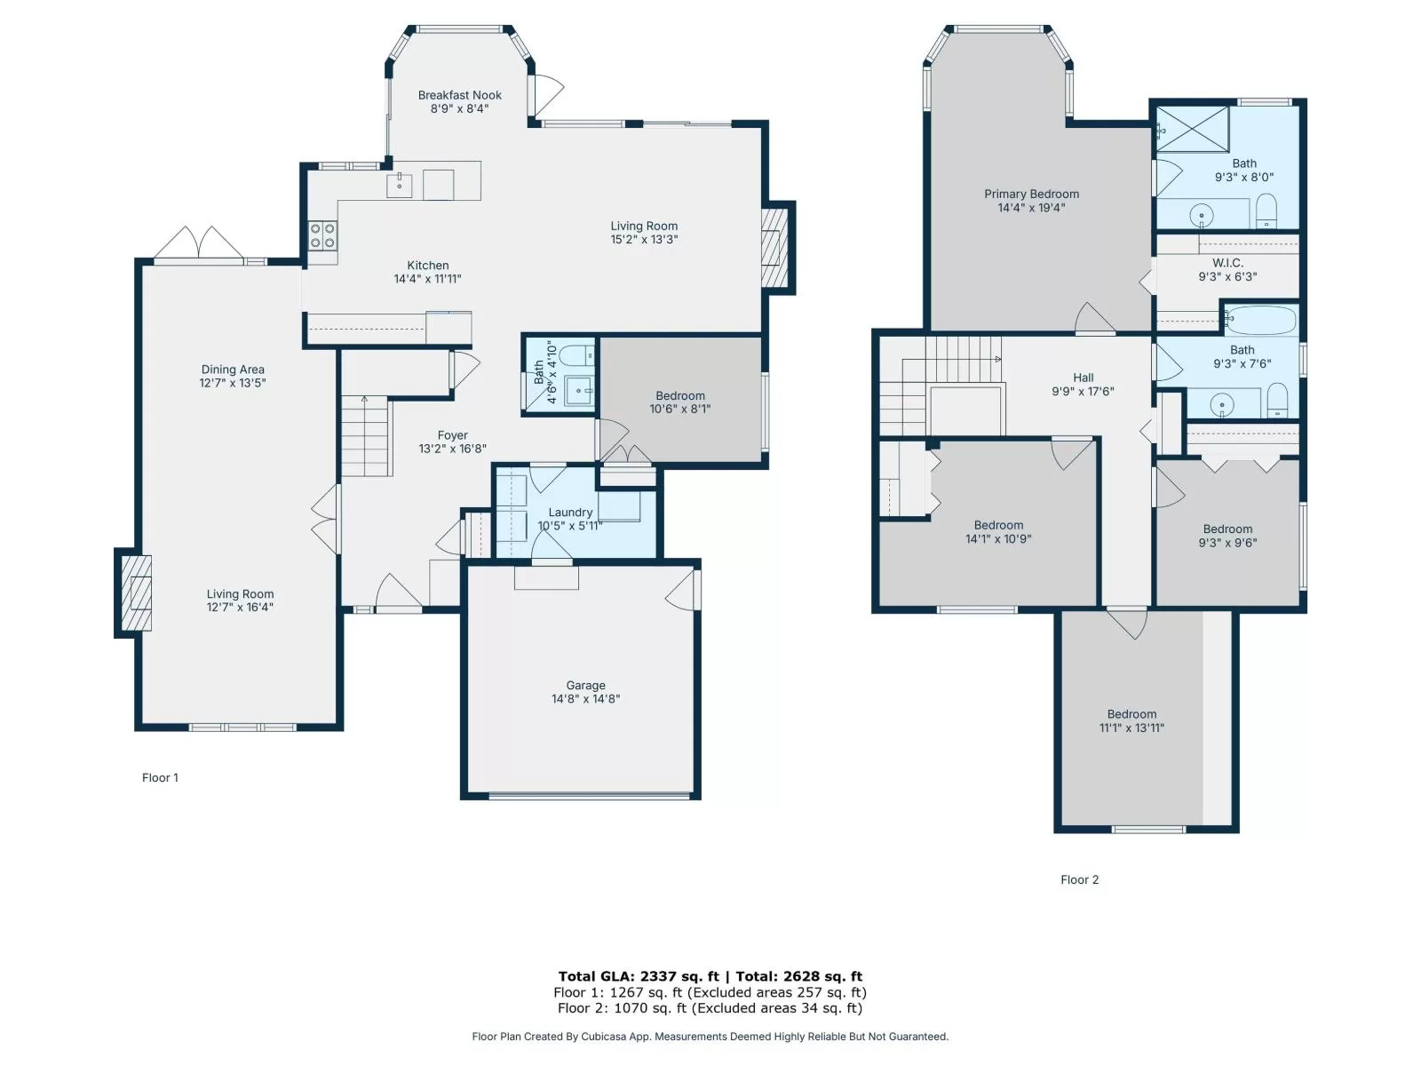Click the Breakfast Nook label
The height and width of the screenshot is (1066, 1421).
pyautogui.click(x=459, y=95)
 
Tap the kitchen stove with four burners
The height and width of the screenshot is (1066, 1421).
pyautogui.click(x=322, y=235)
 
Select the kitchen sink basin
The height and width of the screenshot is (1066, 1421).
pyautogui.click(x=400, y=185)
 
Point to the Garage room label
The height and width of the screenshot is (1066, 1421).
pyautogui.click(x=585, y=685)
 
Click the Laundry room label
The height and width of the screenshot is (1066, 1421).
pyautogui.click(x=569, y=512)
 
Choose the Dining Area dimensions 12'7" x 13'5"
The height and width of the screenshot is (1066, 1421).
pyautogui.click(x=233, y=383)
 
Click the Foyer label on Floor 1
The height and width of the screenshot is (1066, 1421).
pyautogui.click(x=452, y=435)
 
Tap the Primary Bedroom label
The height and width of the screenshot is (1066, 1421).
pyautogui.click(x=1031, y=195)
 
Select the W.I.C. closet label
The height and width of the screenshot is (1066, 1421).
pyautogui.click(x=1227, y=263)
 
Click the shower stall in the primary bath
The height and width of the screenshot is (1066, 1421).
pyautogui.click(x=1193, y=130)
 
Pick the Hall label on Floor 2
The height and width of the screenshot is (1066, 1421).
pyautogui.click(x=1083, y=378)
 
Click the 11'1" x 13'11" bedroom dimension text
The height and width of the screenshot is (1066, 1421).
pyautogui.click(x=1131, y=728)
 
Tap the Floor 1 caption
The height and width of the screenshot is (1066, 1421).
pyautogui.click(x=160, y=777)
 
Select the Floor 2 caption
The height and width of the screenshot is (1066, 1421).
pyautogui.click(x=1079, y=879)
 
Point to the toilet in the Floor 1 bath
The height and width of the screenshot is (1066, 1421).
pyautogui.click(x=576, y=354)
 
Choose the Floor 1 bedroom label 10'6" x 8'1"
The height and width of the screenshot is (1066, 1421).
pyautogui.click(x=679, y=402)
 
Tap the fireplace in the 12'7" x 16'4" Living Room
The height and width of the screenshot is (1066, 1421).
pyautogui.click(x=135, y=593)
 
